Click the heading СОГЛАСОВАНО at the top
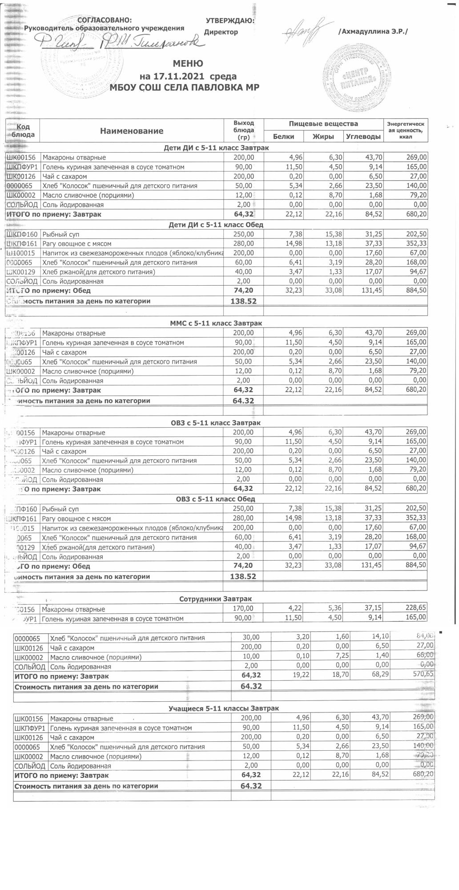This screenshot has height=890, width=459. pyautogui.click(x=105, y=20)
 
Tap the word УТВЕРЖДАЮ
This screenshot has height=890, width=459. pyautogui.click(x=230, y=20)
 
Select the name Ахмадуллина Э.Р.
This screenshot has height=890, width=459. pyautogui.click(x=373, y=32)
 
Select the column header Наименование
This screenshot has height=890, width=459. pyautogui.click(x=131, y=131)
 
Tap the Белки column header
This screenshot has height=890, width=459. pyautogui.click(x=283, y=137)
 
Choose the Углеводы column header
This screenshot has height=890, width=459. pyautogui.click(x=363, y=137)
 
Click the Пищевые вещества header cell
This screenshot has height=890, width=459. pyautogui.click(x=323, y=124)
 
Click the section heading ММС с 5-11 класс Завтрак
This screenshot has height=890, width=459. pyautogui.click(x=216, y=324)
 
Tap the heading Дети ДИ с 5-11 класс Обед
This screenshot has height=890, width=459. pyautogui.click(x=216, y=225)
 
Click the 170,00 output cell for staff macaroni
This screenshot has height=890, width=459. pyautogui.click(x=243, y=609)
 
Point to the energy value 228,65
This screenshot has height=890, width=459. pyautogui.click(x=414, y=609)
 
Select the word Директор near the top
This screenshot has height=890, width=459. pyautogui.click(x=221, y=32)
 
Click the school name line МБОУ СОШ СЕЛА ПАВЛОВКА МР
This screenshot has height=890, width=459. pyautogui.click(x=187, y=88)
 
